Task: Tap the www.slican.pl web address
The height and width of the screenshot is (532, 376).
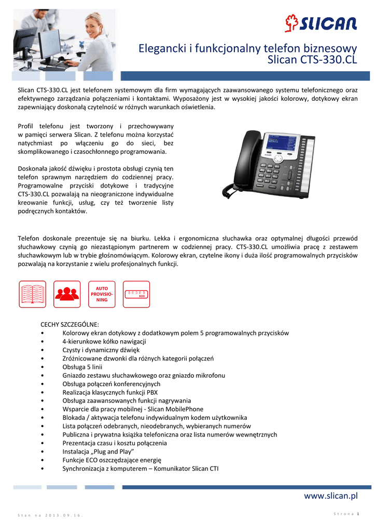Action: (330, 496)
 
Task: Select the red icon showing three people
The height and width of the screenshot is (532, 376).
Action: (67, 294)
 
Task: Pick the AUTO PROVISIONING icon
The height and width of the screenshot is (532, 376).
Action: (102, 294)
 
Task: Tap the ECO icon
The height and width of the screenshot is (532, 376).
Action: (136, 294)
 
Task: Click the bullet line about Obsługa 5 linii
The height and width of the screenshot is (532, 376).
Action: (86, 367)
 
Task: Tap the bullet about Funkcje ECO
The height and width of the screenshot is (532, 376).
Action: (112, 460)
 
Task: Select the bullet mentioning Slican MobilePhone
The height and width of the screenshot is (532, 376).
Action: (133, 409)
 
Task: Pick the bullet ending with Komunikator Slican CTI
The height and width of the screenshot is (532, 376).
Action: (140, 468)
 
